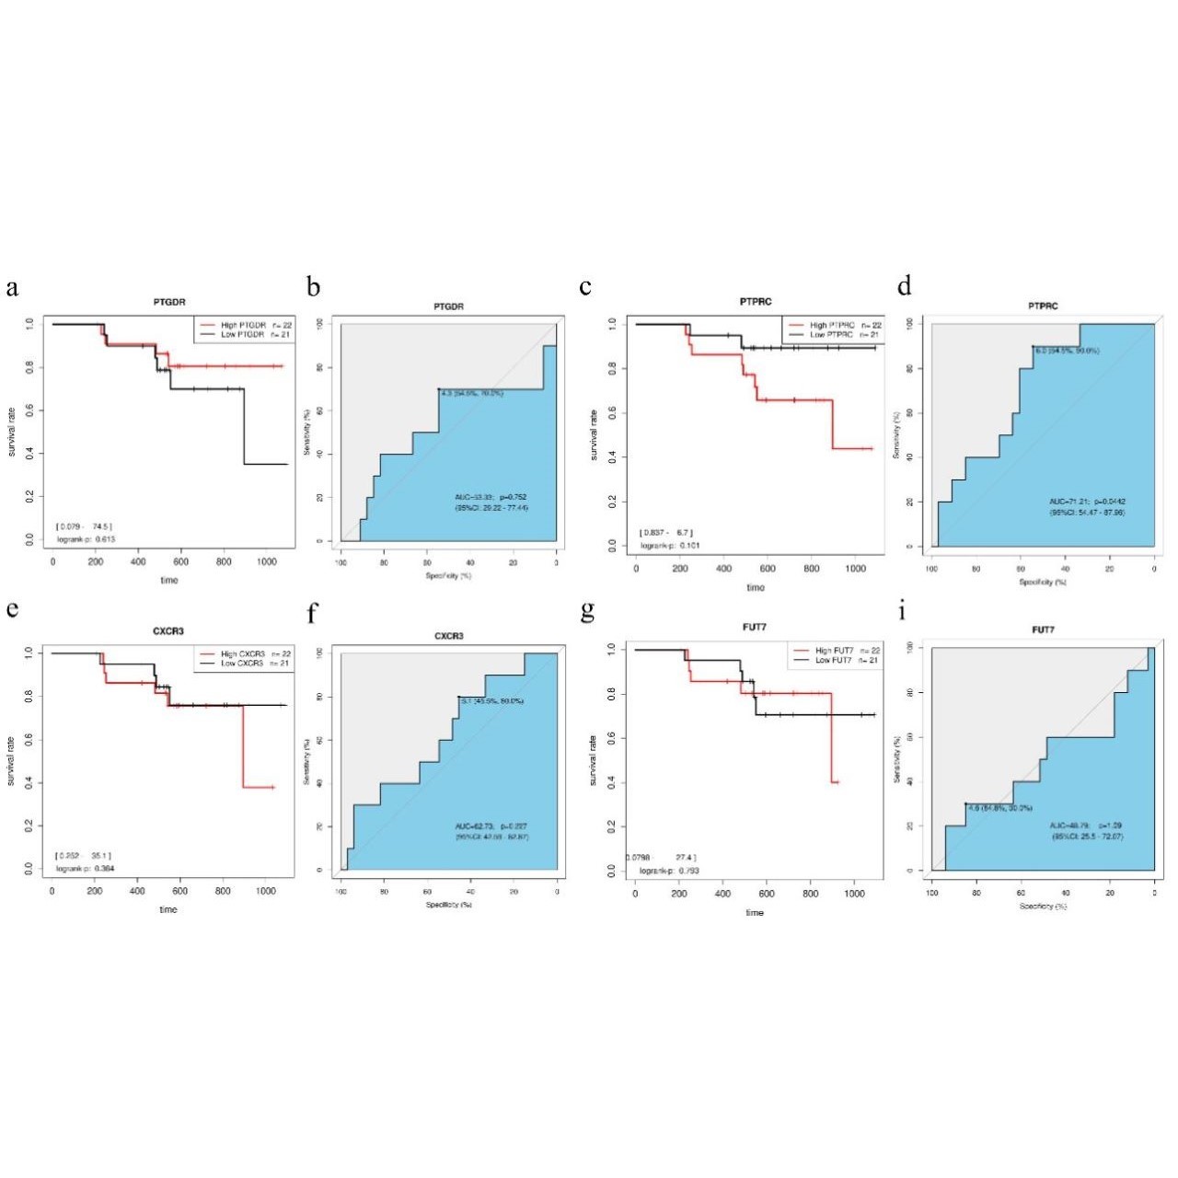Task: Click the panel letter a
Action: coord(12,287)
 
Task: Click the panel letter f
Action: coord(313,613)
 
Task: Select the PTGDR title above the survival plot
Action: coord(169,303)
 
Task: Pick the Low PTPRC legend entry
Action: coord(831,335)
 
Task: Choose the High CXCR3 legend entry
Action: coord(242,653)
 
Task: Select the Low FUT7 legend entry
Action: coord(834,660)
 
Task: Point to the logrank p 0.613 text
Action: coord(86,538)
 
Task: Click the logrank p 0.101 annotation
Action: coord(670,545)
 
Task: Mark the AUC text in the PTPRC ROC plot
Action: coord(1086,502)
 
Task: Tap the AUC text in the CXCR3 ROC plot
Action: coord(491,826)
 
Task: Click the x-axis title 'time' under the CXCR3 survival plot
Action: coord(167,909)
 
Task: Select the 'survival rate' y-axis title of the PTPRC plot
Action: coord(595,434)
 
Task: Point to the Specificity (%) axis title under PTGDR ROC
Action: coord(448,575)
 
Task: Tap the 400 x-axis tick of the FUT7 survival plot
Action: coord(723,894)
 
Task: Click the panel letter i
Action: coord(903,611)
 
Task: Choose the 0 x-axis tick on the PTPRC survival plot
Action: coord(636,569)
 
